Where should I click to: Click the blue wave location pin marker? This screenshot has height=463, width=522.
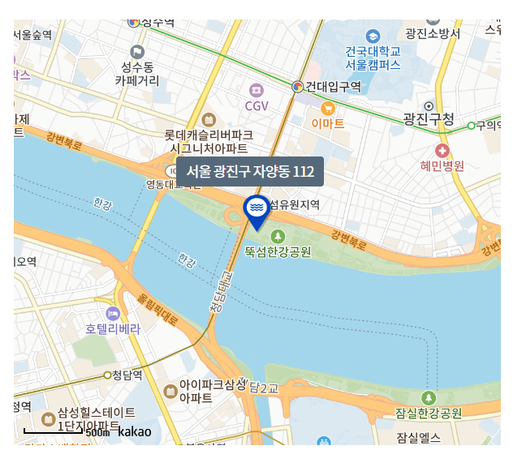tap(257, 208)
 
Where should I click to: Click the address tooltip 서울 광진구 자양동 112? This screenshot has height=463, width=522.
tap(249, 172)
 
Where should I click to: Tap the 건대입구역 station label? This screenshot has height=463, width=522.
tap(333, 86)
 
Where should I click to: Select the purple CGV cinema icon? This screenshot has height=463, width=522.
tap(257, 89)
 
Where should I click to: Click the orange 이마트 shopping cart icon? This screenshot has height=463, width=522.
tap(328, 107)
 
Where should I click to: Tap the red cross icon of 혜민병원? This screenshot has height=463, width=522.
tap(442, 151)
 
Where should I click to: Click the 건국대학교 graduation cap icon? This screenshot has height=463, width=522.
tap(373, 36)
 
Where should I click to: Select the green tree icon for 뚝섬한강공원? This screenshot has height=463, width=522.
tap(278, 236)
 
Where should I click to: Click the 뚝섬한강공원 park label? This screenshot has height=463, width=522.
tap(278, 252)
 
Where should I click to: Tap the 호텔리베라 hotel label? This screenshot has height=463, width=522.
tap(113, 329)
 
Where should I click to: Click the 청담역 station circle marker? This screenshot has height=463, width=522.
tap(108, 375)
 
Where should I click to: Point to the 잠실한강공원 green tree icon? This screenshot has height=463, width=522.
tap(429, 397)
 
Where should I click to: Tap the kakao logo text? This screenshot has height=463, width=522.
tap(134, 431)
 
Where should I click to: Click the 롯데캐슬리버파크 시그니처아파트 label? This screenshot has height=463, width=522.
tap(209, 141)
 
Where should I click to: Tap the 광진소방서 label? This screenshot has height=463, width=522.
tap(433, 33)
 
